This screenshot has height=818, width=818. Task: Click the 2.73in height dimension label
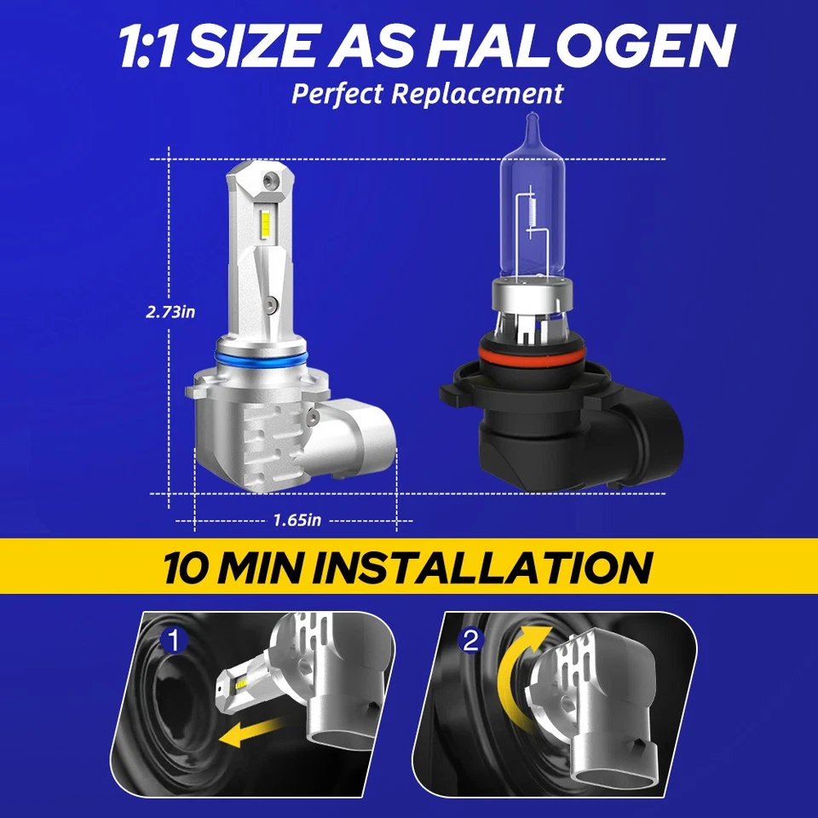pyautogui.click(x=170, y=312)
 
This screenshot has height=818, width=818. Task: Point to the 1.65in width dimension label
pyautogui.click(x=297, y=520)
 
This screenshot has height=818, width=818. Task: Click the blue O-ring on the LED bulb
pyautogui.click(x=260, y=359)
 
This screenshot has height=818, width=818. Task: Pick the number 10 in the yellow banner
pyautogui.click(x=188, y=567)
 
